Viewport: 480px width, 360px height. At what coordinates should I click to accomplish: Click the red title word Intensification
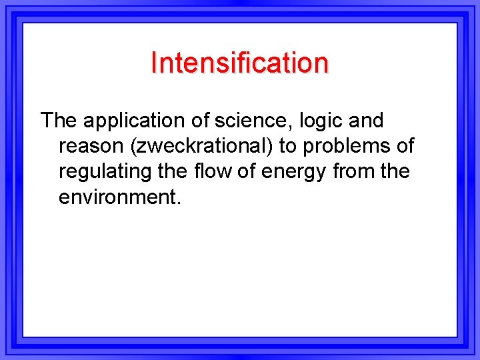(x=239, y=63)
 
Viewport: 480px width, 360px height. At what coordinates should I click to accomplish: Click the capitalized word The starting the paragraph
(x=59, y=121)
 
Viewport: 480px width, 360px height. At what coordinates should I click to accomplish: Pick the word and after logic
(x=364, y=121)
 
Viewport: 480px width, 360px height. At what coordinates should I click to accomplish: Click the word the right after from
(x=395, y=171)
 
